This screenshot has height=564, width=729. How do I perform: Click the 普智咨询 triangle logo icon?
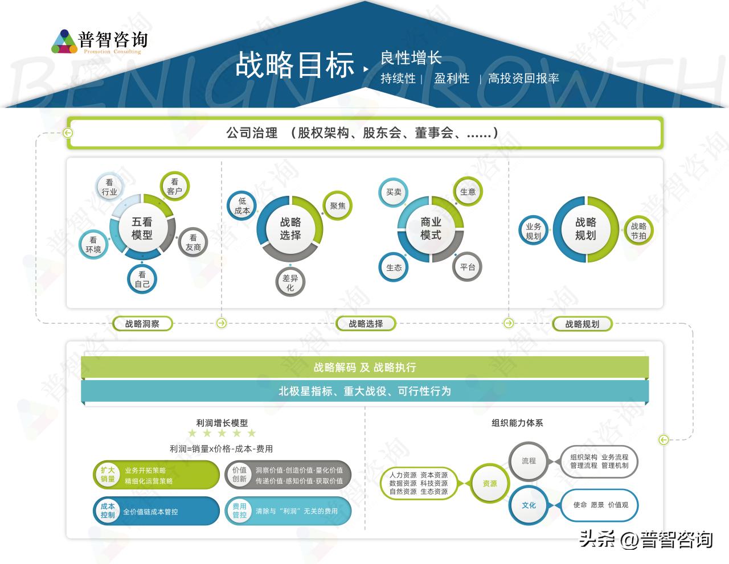point(64,41)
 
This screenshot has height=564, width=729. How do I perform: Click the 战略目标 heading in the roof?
point(294,64)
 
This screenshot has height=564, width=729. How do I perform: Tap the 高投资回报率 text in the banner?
point(523,79)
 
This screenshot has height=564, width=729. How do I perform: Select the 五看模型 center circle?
point(142,228)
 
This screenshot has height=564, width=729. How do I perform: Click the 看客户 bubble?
point(174,187)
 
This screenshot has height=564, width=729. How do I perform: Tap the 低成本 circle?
point(242,206)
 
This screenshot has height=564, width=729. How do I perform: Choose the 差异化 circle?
point(290,282)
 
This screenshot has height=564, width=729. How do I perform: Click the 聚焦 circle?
point(338,206)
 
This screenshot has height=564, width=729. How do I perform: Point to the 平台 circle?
point(468,267)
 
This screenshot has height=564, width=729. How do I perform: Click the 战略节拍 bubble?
point(638,230)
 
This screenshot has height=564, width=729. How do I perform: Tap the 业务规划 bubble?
point(534,231)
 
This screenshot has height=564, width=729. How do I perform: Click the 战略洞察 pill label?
point(142,324)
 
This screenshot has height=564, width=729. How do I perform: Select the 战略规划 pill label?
point(582,324)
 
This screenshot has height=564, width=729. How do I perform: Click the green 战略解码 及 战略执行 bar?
point(364,367)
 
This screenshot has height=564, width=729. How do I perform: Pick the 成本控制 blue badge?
point(108,511)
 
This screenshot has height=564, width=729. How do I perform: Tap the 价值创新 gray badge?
point(240,475)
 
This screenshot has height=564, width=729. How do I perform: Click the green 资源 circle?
point(489,483)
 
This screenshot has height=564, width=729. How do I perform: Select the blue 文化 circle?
point(529,505)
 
